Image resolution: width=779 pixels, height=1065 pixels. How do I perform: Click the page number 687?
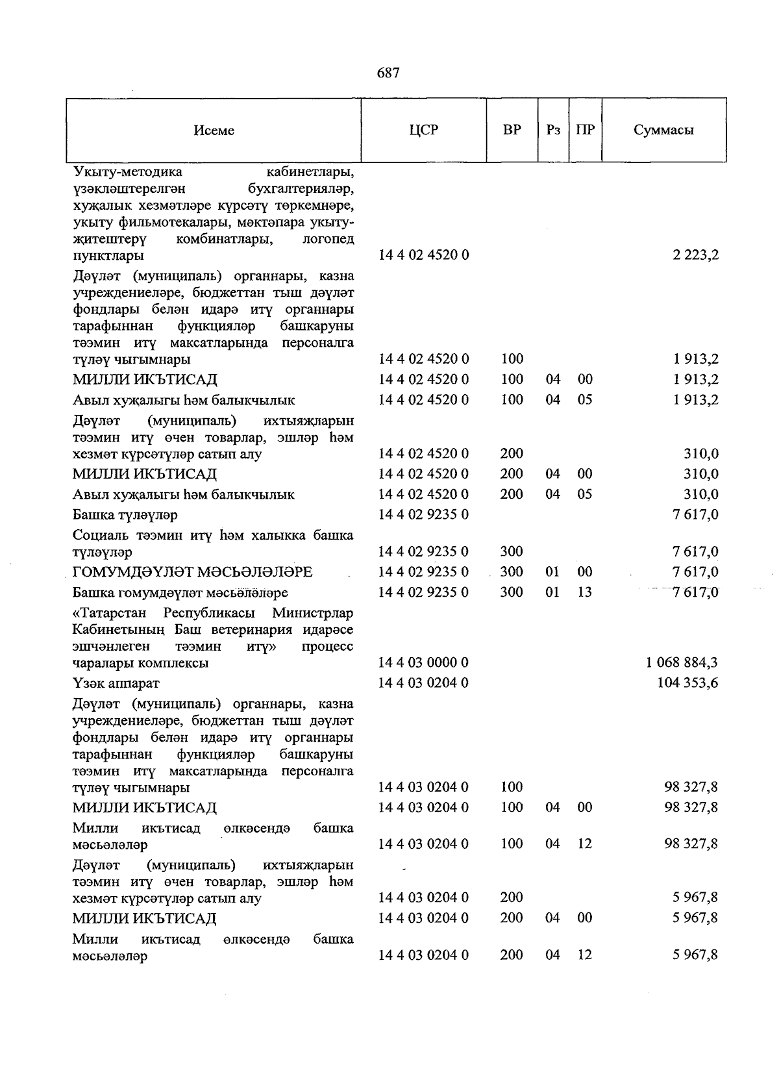(388, 73)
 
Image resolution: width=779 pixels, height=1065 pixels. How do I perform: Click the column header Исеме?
(214, 131)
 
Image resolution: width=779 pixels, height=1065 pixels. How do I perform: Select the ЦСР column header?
(423, 130)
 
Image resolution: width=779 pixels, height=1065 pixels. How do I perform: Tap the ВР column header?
(512, 130)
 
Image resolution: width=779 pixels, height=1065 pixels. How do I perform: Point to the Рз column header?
(553, 130)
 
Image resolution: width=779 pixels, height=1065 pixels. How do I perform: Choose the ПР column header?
(585, 130)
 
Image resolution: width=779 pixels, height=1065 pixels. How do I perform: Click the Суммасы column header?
(663, 130)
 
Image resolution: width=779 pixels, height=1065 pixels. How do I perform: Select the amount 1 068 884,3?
(682, 663)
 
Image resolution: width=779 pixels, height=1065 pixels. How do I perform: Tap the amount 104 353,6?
(687, 683)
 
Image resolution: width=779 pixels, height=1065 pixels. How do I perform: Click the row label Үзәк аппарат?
(116, 683)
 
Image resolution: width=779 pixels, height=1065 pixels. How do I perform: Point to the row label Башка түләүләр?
(125, 515)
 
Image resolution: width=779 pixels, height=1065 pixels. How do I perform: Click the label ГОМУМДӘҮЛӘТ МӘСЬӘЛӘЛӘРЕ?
(192, 572)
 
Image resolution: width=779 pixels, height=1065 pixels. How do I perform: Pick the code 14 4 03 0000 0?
(423, 663)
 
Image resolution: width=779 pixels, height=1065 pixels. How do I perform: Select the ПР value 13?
(585, 592)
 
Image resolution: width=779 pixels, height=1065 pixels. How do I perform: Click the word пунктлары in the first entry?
(108, 256)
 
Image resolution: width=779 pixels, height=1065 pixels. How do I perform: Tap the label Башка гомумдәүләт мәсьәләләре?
(180, 593)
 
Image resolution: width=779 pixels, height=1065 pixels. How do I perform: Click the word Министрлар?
(313, 613)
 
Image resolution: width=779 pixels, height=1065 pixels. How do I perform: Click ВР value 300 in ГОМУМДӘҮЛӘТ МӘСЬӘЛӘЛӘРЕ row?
(512, 572)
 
